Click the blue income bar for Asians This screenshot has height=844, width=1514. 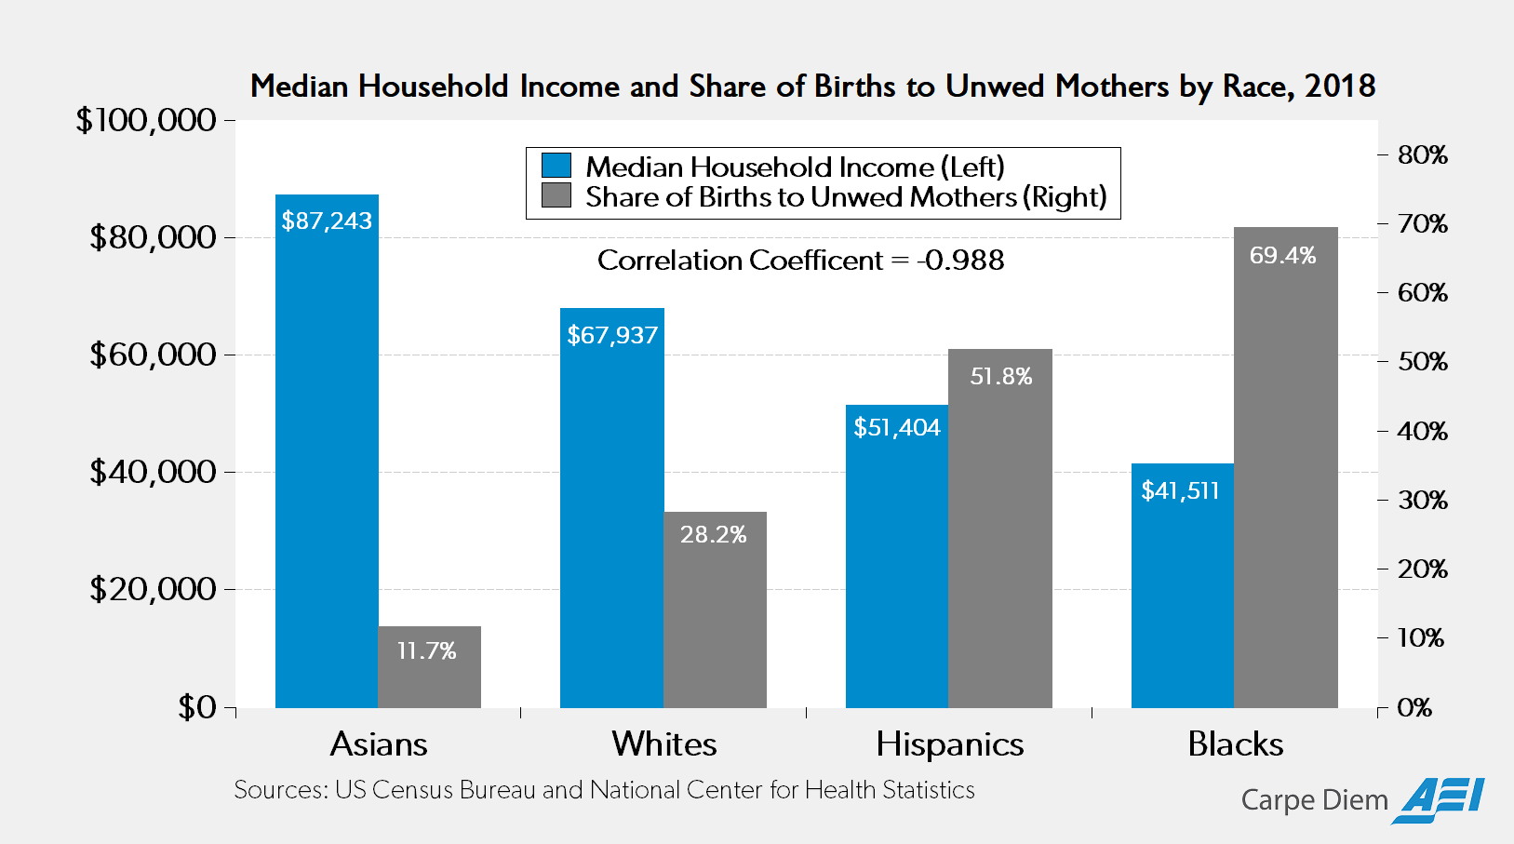tap(327, 451)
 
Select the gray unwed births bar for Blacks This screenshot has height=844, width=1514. tap(1285, 468)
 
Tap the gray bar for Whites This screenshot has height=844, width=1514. tap(715, 610)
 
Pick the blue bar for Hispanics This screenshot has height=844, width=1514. tap(897, 556)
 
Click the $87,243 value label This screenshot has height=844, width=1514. tap(327, 221)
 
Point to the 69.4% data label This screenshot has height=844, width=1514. tap(1282, 255)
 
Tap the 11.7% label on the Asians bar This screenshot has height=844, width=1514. tap(426, 650)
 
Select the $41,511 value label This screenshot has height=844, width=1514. tap(1180, 490)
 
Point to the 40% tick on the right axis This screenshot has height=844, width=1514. tap(1422, 431)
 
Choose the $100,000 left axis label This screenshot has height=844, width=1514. tap(146, 120)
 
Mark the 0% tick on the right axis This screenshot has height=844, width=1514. tap(1414, 707)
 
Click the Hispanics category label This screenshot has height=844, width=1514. tap(950, 745)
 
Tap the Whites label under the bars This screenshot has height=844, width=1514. tap(663, 744)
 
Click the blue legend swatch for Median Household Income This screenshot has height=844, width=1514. tap(556, 166)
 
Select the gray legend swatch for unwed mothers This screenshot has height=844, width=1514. tap(556, 195)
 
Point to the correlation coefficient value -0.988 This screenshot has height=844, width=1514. tap(960, 261)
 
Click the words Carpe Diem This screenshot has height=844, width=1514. tap(1314, 801)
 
